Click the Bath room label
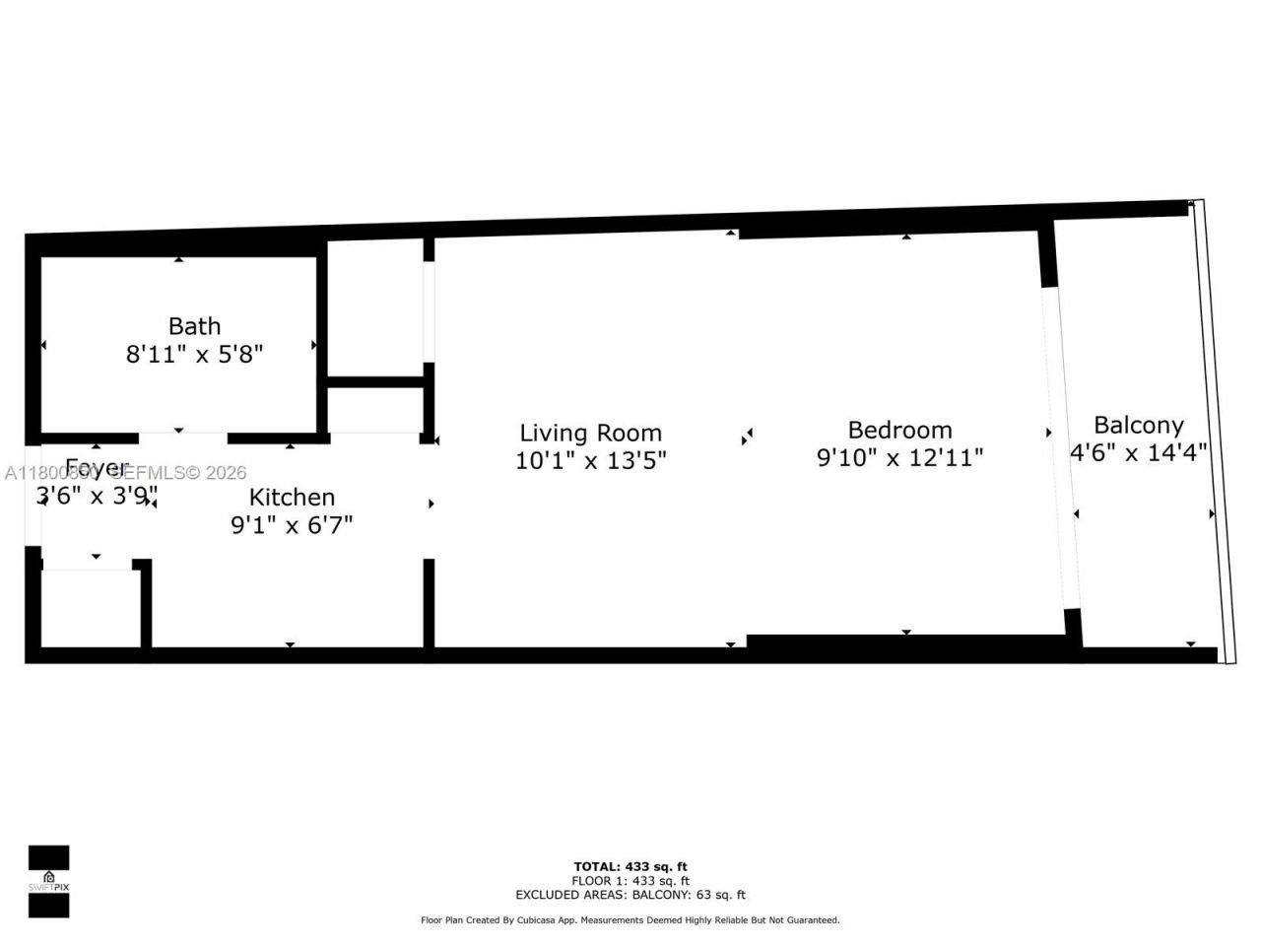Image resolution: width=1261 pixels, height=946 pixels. tap(194, 326)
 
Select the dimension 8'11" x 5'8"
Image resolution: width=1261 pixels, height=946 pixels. tap(194, 355)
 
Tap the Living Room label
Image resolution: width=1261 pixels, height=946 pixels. tap(590, 433)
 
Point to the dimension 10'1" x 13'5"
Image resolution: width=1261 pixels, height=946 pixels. tap(590, 460)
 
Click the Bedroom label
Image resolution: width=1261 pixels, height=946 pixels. tap(899, 430)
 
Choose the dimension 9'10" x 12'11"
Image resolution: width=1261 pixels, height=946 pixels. tap(899, 458)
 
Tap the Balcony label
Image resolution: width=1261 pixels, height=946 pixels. tap(1138, 425)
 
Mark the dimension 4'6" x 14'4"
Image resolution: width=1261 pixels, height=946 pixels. tap(1138, 453)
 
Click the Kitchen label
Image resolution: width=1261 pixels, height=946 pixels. tap(292, 497)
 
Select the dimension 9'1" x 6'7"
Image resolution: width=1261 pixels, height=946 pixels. tap(292, 525)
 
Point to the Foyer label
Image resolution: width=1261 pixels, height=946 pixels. tap(97, 467)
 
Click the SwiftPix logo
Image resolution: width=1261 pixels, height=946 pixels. tap(48, 881)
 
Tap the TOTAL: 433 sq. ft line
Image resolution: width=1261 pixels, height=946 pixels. tap(630, 867)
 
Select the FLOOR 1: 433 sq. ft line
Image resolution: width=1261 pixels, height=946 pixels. tap(630, 881)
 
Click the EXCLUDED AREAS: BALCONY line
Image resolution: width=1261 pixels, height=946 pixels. tap(630, 895)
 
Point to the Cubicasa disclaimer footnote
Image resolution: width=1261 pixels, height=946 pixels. tap(630, 920)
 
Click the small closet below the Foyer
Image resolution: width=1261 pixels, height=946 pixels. tap(89, 607)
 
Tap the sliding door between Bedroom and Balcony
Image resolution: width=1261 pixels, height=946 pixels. tap(1061, 448)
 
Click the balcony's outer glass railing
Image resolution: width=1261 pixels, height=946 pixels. tap(1211, 434)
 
